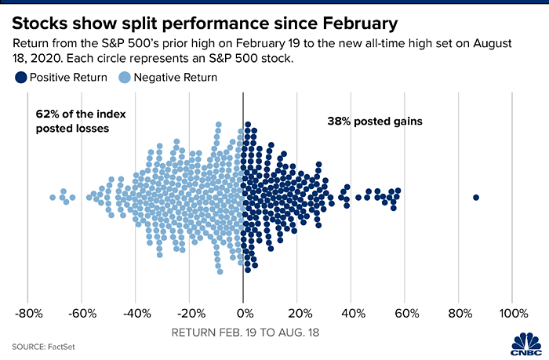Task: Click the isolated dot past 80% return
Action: coord(476,197)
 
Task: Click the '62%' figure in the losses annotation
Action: coord(47,114)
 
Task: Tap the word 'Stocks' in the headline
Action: coord(43,16)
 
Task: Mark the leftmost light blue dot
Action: coord(53,197)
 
